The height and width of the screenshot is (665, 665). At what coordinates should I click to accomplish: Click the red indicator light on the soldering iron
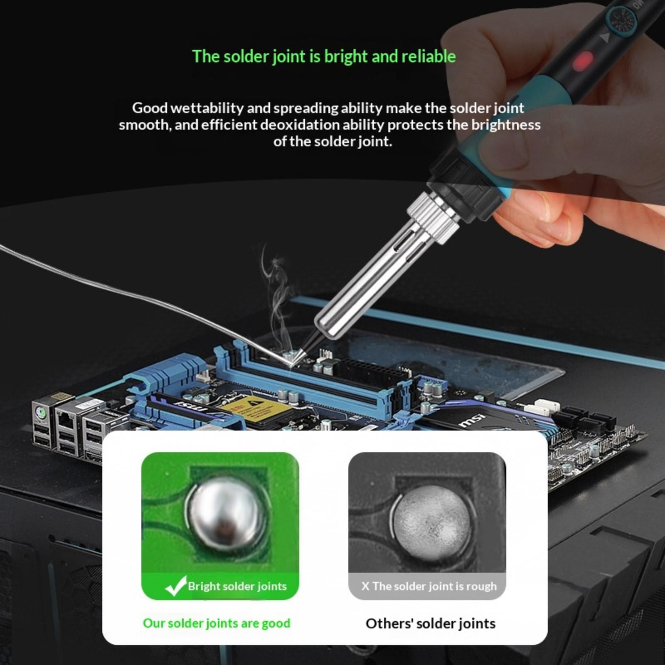583,61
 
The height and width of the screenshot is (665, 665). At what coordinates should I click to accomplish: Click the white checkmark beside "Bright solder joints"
175,586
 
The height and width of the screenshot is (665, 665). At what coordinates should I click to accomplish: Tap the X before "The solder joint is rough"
365,586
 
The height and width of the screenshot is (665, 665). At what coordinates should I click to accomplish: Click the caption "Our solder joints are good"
217,623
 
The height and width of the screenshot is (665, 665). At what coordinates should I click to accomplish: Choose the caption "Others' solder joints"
430,623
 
